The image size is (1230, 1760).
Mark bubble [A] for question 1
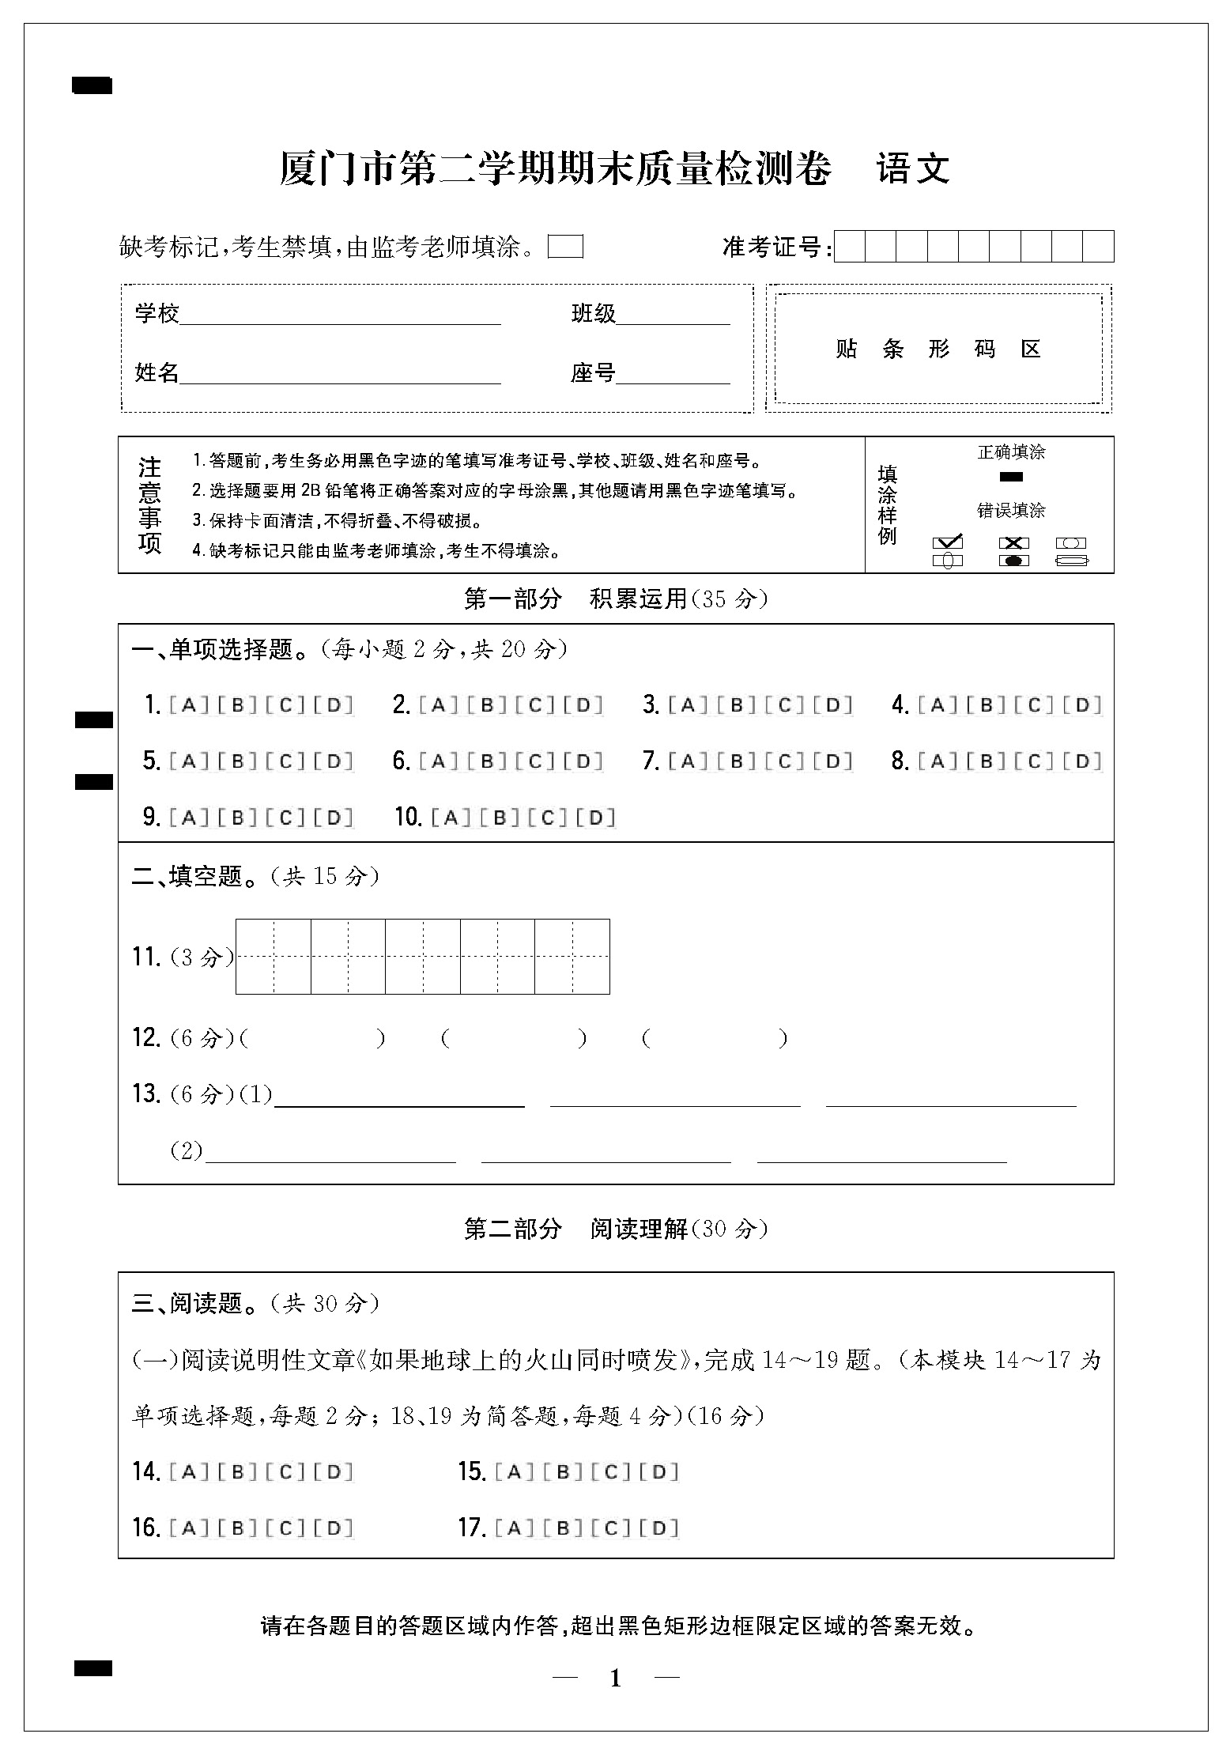(x=189, y=705)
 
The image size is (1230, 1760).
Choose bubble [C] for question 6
(x=535, y=761)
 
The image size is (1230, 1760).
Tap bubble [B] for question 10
(x=500, y=818)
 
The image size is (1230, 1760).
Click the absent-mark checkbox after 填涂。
(x=566, y=247)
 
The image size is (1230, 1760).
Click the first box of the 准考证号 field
(x=850, y=247)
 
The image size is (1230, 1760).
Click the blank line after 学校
(x=340, y=316)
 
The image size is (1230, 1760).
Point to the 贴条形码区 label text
(x=938, y=349)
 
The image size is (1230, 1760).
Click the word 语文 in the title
(x=913, y=168)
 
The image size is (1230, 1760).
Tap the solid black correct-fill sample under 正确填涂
(x=1011, y=477)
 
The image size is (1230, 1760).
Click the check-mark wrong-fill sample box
(x=948, y=542)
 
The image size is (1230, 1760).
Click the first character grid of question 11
(x=274, y=957)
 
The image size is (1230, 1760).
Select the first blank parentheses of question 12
(x=313, y=1039)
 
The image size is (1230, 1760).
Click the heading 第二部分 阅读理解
(x=615, y=1229)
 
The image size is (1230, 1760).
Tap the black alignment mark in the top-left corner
(x=92, y=85)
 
